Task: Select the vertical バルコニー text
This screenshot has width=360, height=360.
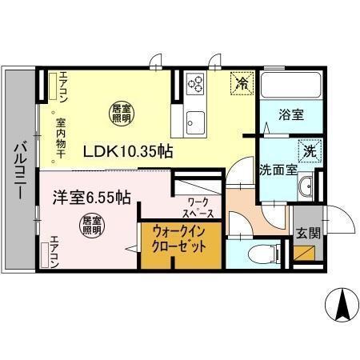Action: tap(20, 172)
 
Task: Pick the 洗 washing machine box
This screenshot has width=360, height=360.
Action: tap(308, 150)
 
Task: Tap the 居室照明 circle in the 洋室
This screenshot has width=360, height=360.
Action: tap(91, 226)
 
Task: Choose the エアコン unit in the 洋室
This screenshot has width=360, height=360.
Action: tap(46, 252)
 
